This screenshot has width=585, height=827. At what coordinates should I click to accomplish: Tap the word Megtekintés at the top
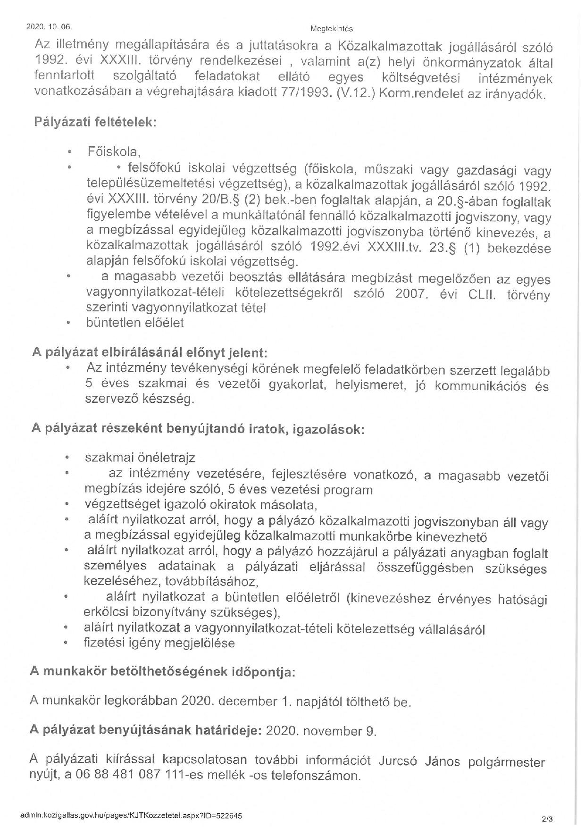coord(332,29)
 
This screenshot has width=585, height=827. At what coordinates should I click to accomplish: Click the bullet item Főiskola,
coord(114,152)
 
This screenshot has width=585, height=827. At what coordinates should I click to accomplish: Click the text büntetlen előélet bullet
coord(134,323)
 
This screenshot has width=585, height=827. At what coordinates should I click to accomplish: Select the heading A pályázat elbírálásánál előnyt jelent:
coord(149,352)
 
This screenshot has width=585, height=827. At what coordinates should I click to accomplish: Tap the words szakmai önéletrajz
coord(140,458)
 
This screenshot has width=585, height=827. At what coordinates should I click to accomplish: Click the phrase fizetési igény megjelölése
coord(159,643)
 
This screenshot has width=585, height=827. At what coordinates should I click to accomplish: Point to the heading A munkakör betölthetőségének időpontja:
coord(162,671)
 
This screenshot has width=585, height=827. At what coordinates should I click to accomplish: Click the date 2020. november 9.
coord(321,731)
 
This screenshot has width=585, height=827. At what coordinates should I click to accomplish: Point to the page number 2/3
coord(547,820)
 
